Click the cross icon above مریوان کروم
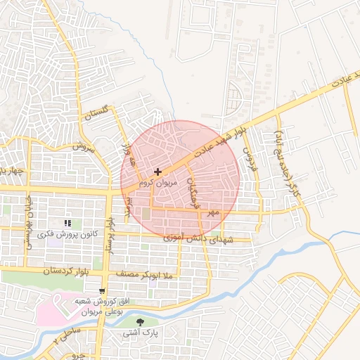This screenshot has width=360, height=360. (157, 171)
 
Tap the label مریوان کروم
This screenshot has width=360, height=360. (154, 182)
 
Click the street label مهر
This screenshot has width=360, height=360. (213, 211)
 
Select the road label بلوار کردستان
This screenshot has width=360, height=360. (49, 269)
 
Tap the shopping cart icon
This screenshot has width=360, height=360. (103, 290)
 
